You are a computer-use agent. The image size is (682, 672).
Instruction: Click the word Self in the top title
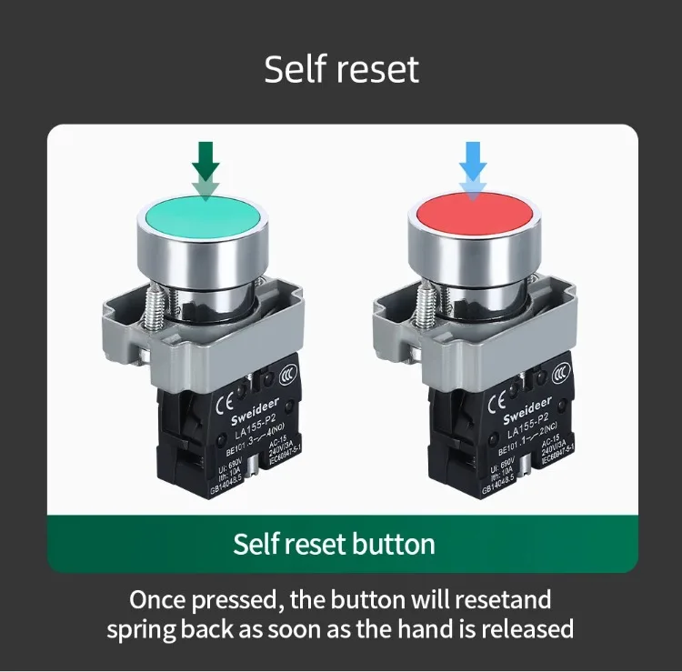[x=293, y=70]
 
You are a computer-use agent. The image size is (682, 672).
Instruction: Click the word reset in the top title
[x=374, y=70]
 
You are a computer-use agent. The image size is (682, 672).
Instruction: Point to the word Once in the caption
[x=159, y=599]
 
